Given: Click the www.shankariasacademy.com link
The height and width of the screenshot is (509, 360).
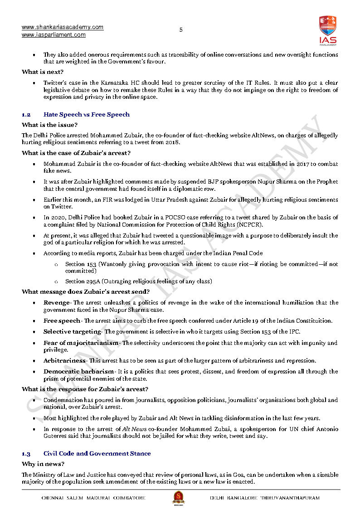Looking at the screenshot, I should click(63, 27).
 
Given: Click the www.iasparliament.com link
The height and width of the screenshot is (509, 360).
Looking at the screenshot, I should click(54, 35).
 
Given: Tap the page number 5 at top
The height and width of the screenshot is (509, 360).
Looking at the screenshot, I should click(181, 30).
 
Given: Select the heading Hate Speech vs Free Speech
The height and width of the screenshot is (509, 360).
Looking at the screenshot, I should click(87, 115).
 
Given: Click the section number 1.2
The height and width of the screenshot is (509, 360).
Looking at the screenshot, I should click(26, 115).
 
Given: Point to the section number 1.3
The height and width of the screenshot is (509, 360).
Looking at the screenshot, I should click(26, 454).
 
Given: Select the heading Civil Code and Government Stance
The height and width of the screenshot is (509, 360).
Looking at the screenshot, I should click(97, 454).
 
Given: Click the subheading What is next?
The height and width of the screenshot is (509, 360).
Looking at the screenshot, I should click(43, 72).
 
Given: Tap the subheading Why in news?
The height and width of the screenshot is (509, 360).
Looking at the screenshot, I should click(43, 464).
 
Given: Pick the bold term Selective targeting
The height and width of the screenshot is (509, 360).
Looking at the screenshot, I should click(72, 331).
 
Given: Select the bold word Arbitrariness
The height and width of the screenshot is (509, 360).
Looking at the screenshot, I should click(64, 361).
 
